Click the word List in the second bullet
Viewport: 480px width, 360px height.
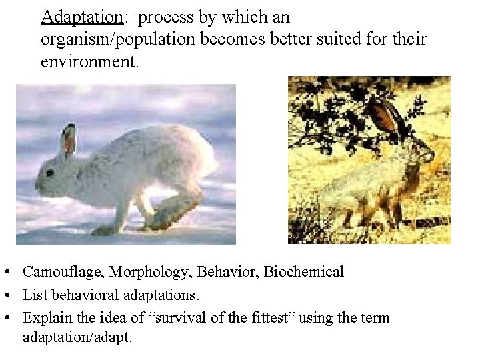pos(33,294)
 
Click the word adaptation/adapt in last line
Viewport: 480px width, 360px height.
pos(77,337)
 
